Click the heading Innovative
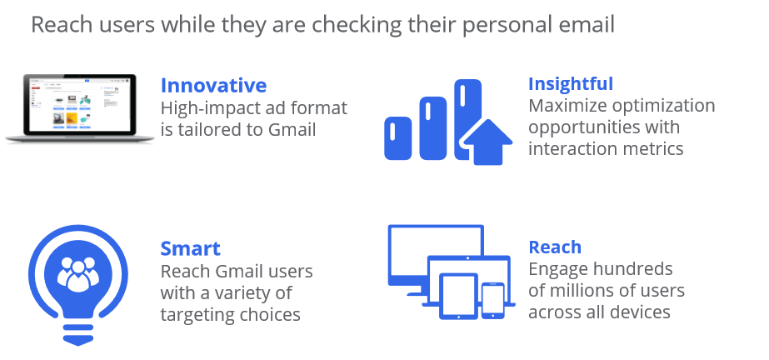pos(213,85)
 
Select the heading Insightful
pos(571,84)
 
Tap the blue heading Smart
pos(190,248)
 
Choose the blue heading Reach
pos(555,247)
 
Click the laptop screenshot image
pos(80,107)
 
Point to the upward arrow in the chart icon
pos(488,142)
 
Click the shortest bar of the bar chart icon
pos(397,138)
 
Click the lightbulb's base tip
pos(78,343)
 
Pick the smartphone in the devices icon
pos(493,301)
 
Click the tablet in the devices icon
pos(458,296)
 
